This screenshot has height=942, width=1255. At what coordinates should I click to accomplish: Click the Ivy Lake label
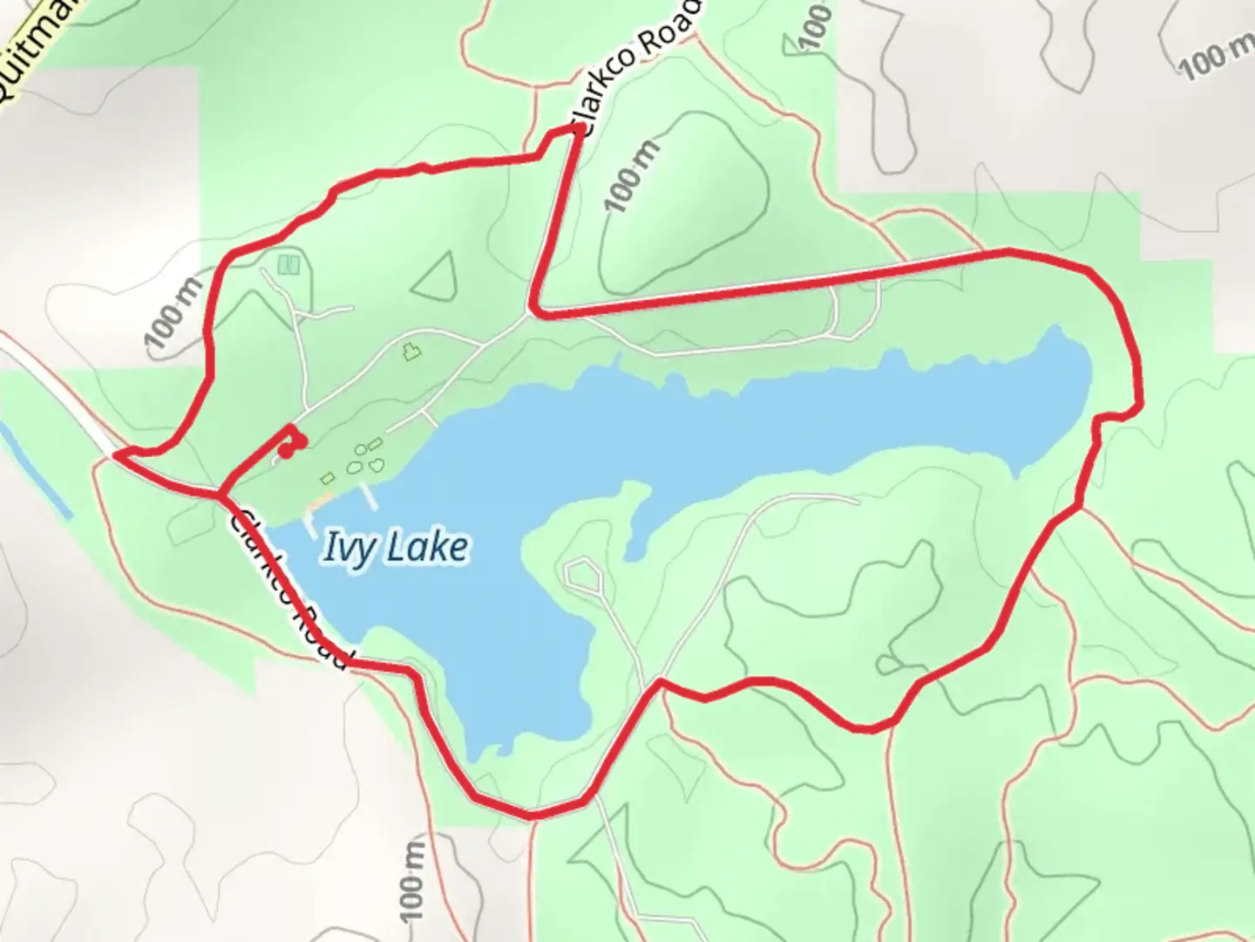point(396,547)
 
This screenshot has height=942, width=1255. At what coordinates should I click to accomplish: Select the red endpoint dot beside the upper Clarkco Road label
point(580,130)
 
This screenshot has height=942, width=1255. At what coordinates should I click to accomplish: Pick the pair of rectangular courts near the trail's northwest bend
point(288,263)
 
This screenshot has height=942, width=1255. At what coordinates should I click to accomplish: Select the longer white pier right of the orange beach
point(370,496)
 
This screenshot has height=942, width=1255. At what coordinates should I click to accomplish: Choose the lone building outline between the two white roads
point(410,352)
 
